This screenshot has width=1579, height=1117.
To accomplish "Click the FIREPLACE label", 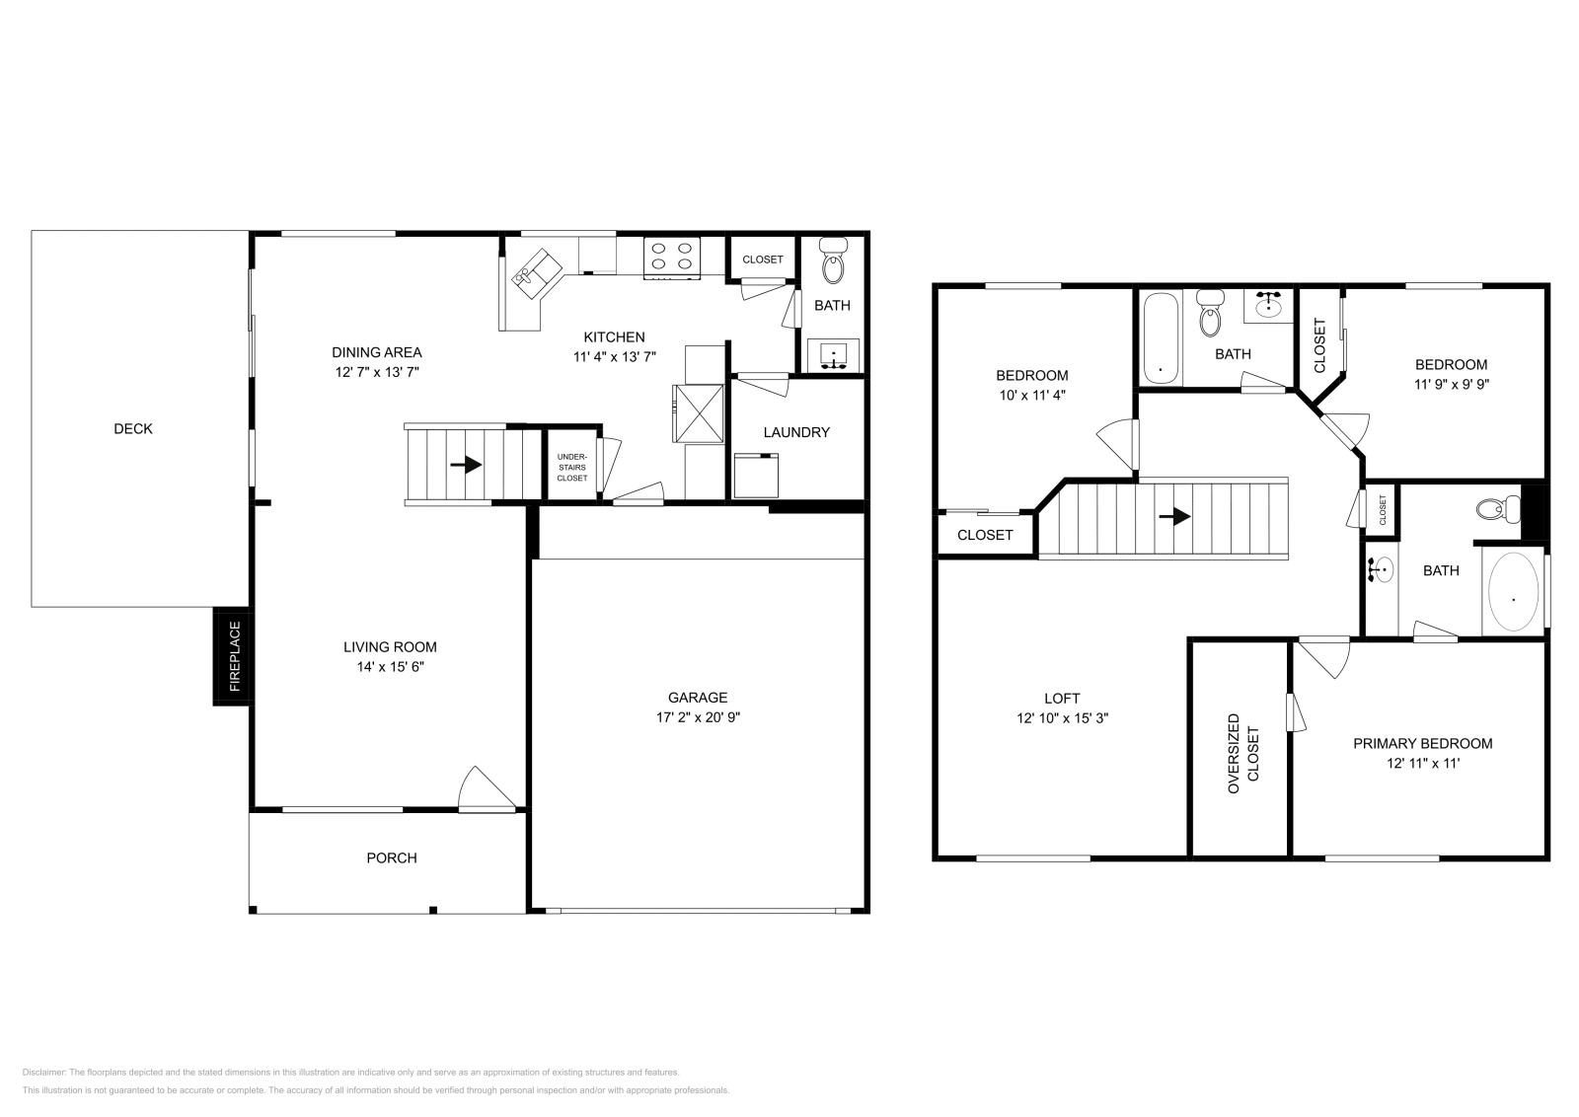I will point(235,655).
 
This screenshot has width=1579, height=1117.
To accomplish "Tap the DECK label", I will point(133,428).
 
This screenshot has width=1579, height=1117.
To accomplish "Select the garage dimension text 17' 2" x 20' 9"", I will point(698,717).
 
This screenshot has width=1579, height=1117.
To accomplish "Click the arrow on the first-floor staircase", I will point(467,464).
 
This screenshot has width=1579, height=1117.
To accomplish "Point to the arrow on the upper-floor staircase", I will point(1174,516).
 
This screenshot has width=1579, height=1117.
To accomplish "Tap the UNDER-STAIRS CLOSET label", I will point(571,467).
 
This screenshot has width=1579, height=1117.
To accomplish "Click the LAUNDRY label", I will point(796,432).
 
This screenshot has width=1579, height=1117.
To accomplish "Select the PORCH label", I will point(392,857).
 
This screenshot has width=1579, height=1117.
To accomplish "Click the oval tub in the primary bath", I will point(1513,592).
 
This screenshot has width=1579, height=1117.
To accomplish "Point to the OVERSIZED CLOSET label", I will point(1243,754).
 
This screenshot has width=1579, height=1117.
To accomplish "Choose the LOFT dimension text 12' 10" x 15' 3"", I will point(1062,718).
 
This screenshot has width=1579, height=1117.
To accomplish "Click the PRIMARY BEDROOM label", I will point(1422,743).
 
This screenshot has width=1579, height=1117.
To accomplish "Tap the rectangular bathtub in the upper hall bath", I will point(1161,337).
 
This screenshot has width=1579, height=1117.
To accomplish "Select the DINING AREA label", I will point(376,352).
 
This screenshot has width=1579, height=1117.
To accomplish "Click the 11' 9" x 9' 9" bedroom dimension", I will point(1451,385).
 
